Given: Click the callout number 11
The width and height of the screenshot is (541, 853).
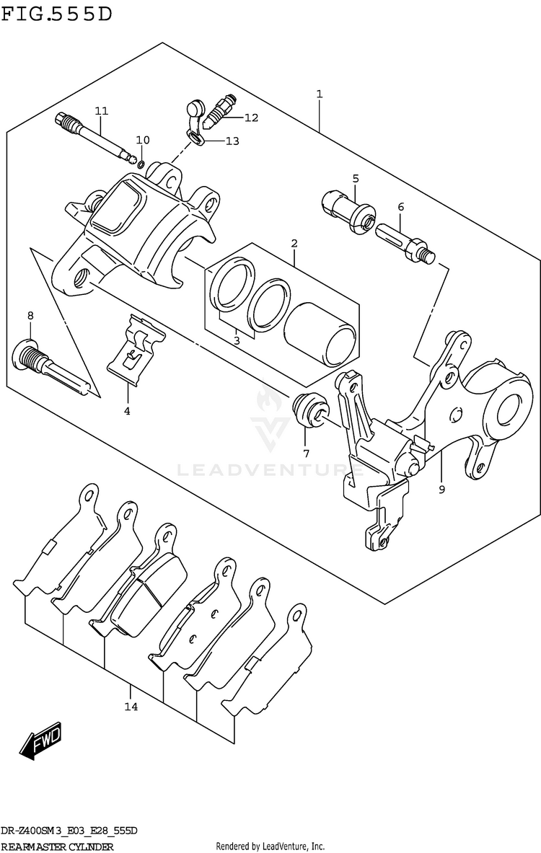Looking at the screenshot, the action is pos(101,110).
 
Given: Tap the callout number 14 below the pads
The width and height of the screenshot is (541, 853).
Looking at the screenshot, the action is pos(131,706).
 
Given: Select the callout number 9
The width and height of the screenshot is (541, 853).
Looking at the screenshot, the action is pos(441,489).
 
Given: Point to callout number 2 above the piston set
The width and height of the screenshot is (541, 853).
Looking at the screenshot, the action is pos(294,243).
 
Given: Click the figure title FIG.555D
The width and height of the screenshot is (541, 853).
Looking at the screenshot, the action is pos(57,14).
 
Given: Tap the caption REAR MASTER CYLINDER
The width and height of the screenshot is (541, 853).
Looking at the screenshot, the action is pos(58,847).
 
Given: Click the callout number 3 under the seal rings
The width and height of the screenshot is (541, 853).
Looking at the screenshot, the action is pos(236,340).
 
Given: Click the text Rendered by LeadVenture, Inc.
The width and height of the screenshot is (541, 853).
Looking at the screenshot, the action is pos(270,847).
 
